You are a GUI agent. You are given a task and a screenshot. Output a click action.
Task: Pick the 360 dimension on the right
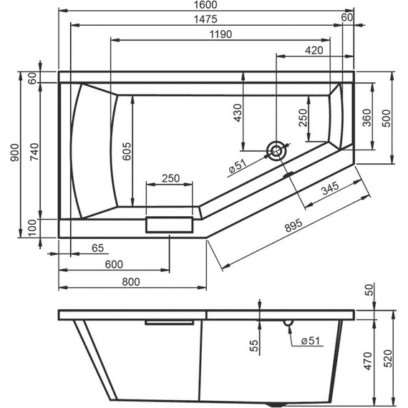(x=366, y=117)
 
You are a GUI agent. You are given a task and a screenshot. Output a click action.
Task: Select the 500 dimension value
(x=387, y=117)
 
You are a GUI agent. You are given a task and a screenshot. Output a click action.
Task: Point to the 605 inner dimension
(x=126, y=151)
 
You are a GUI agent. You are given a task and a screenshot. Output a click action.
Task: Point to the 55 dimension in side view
(x=254, y=346)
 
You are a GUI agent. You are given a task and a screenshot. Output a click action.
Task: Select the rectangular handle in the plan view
(x=170, y=225)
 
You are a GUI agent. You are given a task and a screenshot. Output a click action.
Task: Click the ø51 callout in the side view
(x=309, y=341)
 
